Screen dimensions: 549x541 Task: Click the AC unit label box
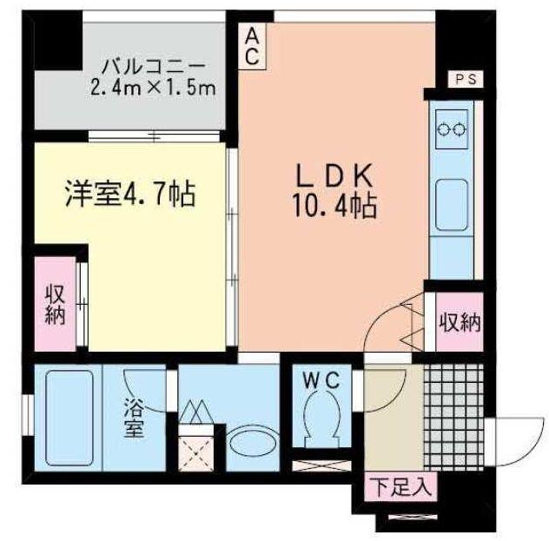[x=252, y=46]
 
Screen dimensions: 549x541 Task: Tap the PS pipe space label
[x=466, y=79]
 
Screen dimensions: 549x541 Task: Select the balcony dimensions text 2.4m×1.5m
[x=153, y=89]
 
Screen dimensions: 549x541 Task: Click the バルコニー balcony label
[x=153, y=67]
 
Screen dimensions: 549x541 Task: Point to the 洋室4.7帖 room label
[x=130, y=195]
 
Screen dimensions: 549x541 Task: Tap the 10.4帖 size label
[x=334, y=207]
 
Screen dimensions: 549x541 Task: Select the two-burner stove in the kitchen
[x=452, y=129]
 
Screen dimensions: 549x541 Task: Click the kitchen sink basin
[x=452, y=205]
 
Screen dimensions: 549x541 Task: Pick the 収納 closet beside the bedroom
[x=56, y=304]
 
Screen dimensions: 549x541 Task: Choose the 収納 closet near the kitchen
[x=460, y=322]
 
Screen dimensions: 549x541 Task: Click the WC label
[x=321, y=380]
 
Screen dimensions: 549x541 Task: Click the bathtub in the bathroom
[x=69, y=418]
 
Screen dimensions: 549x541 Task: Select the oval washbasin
[x=253, y=443]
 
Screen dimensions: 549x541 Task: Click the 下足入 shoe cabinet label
[x=400, y=487]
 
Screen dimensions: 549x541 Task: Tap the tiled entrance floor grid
[x=453, y=417]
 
